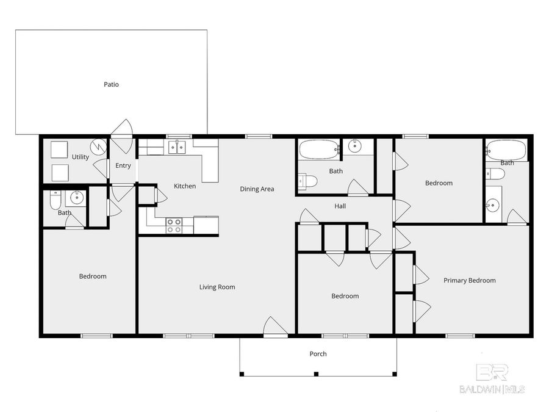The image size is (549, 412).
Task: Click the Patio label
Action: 111,84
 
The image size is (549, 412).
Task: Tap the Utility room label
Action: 81,157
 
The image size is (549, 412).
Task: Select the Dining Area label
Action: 256,189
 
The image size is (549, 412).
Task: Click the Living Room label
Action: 217,287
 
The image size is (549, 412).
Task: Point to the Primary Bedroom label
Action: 469,281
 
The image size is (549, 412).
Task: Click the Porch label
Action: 318,354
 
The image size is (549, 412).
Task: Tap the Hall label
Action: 340,206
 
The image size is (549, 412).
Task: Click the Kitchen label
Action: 185,186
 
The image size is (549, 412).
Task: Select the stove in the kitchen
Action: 174,226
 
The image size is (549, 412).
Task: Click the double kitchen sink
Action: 178,146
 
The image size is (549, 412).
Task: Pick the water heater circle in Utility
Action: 98,146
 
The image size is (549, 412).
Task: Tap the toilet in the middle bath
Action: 308,181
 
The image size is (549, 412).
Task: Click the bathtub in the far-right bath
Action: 507,148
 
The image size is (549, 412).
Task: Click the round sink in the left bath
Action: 77,198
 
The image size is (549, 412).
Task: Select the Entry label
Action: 123,166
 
